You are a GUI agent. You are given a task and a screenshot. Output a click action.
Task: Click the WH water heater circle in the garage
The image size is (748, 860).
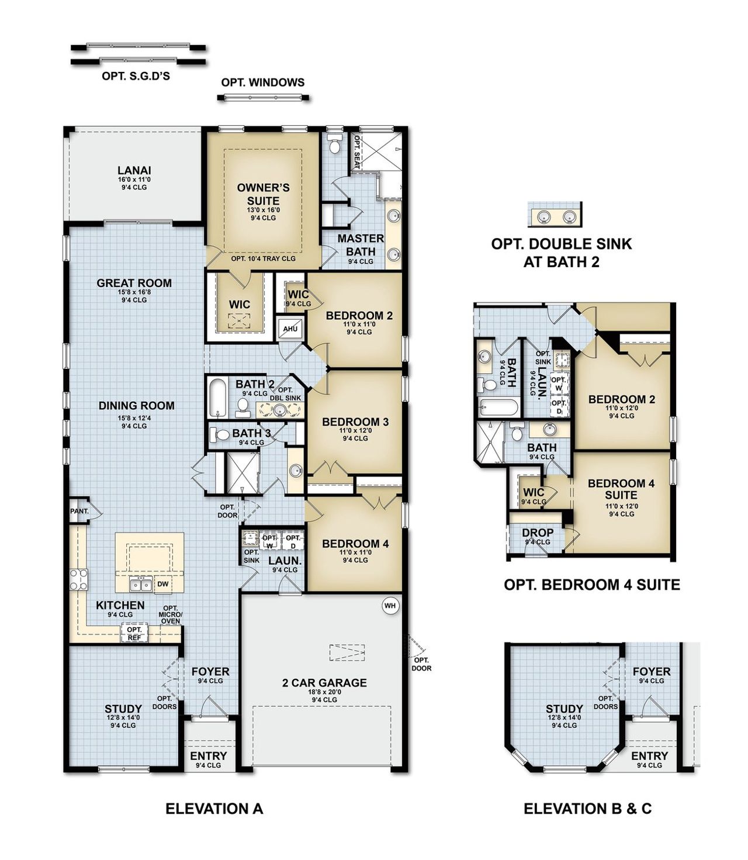(x=390, y=606)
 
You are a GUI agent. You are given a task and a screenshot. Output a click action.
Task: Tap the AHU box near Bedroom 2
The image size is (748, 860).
(x=290, y=329)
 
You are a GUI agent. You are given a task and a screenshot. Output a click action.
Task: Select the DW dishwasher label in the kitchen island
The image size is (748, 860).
(x=162, y=584)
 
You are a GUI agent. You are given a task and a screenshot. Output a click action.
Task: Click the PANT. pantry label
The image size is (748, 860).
(x=79, y=511)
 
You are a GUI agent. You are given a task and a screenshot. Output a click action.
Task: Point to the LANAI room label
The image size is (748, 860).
(x=134, y=170)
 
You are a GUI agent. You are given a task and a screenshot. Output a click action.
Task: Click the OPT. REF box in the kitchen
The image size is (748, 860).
(x=134, y=633)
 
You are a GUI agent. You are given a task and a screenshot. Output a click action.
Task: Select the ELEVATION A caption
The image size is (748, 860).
(x=214, y=809)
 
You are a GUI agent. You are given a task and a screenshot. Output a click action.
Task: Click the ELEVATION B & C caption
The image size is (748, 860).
(x=587, y=809)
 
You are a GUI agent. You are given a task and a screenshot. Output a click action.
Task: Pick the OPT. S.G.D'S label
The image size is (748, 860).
(x=136, y=76)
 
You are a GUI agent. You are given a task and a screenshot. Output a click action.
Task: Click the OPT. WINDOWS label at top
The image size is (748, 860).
(x=262, y=82)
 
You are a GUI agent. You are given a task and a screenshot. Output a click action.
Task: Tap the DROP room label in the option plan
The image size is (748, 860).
(x=537, y=533)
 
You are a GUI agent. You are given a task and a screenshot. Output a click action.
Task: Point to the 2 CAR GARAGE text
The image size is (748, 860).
(x=324, y=682)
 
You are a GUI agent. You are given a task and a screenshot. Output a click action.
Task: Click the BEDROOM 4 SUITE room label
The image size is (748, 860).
(x=621, y=489)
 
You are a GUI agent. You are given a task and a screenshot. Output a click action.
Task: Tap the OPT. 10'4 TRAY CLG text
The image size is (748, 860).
(x=263, y=258)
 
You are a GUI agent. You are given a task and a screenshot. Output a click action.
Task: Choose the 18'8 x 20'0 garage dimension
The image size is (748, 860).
(x=324, y=692)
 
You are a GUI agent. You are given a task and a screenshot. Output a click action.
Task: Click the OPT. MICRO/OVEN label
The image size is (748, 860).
(x=170, y=614)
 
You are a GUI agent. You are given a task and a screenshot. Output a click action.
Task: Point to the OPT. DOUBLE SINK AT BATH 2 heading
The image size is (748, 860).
(x=561, y=253)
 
